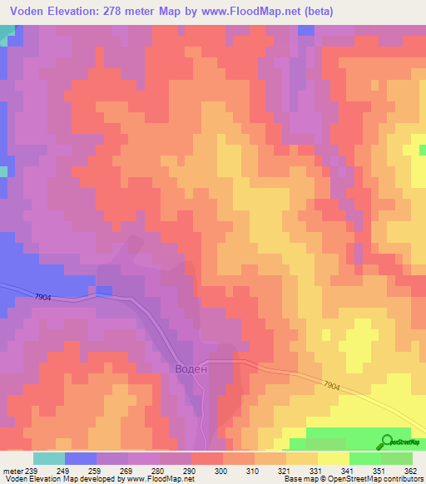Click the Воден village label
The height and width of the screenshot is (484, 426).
[190, 368]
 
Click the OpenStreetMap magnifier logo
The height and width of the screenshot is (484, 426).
[388, 442]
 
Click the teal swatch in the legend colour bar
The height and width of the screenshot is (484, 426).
[48, 459]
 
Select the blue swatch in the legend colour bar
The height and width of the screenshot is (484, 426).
[80, 459]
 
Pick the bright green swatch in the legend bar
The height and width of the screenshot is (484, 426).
[364, 459]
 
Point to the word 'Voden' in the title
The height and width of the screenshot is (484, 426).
[31, 12]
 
